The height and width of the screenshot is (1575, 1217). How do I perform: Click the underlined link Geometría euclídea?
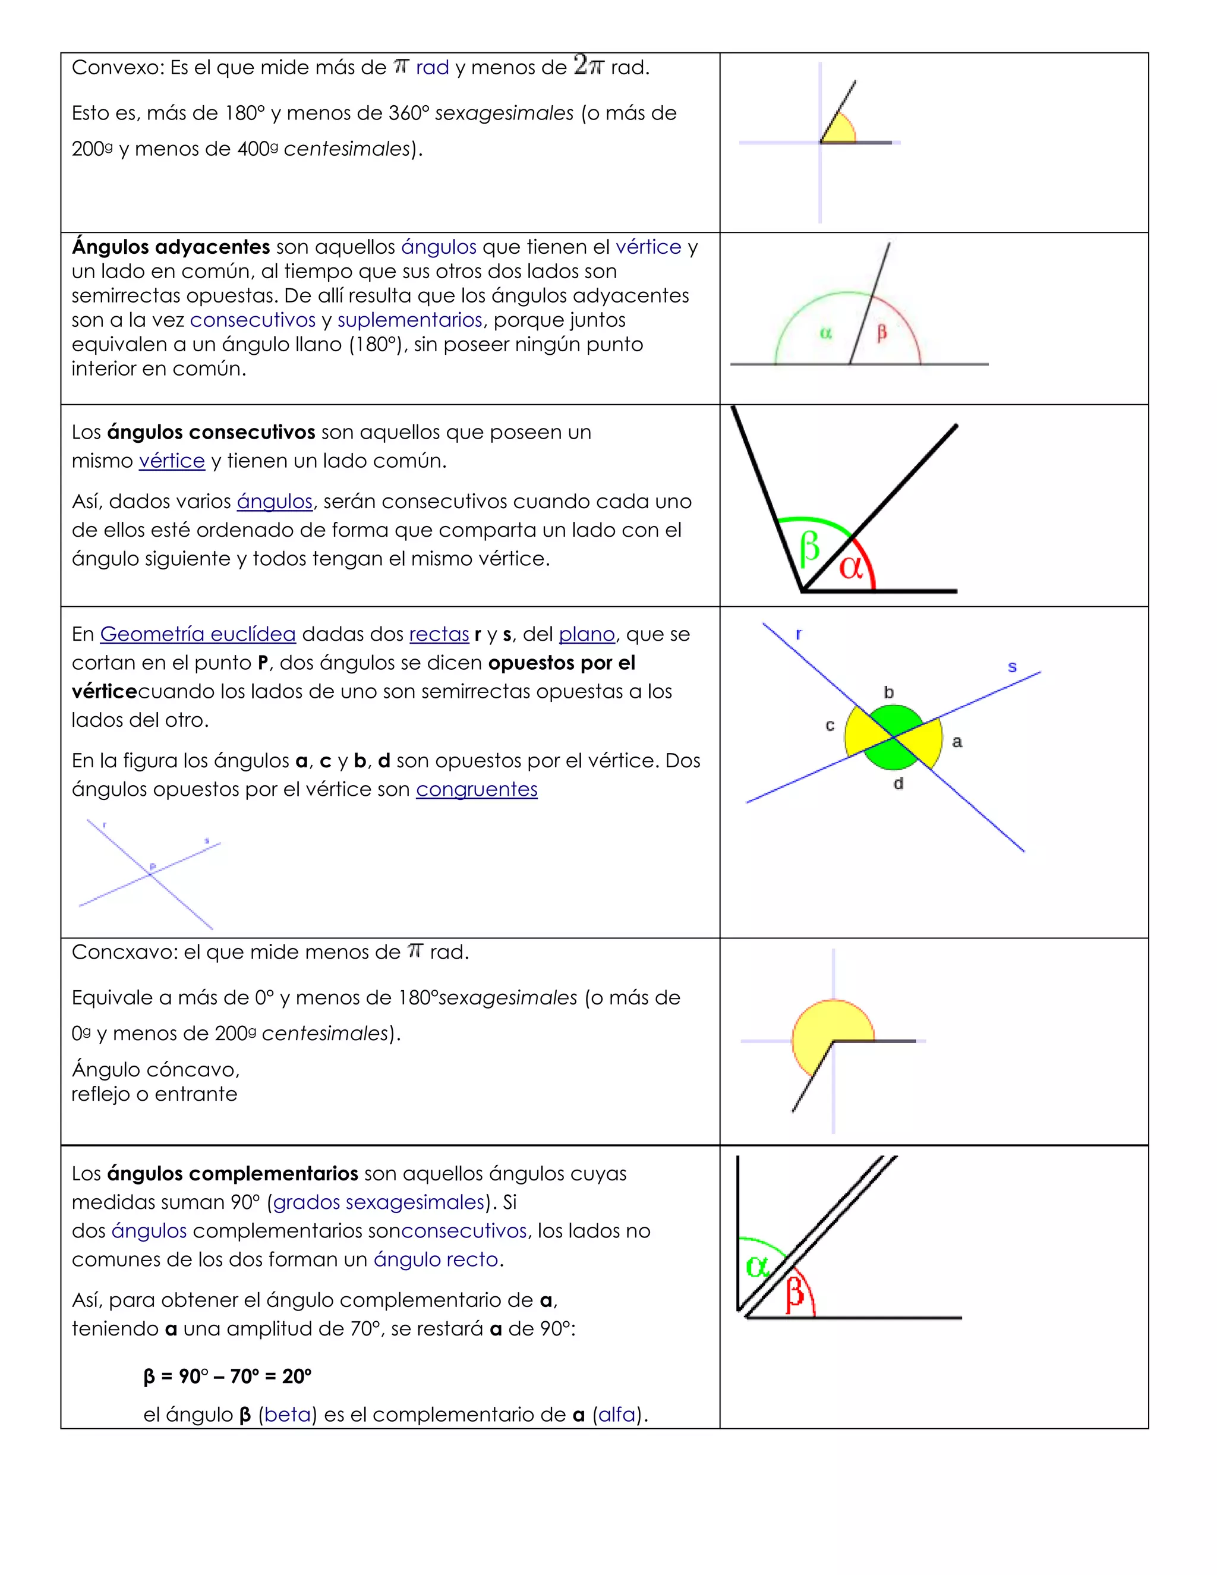point(197,634)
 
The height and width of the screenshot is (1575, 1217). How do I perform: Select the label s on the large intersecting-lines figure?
point(1012,667)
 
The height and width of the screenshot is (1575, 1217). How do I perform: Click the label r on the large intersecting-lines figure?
point(798,635)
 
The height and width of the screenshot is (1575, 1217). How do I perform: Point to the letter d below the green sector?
point(898,783)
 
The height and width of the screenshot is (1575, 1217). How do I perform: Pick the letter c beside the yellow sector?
point(830,726)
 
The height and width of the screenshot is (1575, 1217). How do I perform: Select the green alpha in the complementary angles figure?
point(757,1267)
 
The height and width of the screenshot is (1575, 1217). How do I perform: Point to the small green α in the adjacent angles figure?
point(825,333)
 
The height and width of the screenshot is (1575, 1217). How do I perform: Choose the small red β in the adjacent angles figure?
point(881,333)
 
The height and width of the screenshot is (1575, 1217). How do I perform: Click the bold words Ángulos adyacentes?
point(171,247)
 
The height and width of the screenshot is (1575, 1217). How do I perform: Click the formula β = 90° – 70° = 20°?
point(227,1376)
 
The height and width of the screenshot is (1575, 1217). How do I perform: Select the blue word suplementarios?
point(409,320)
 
